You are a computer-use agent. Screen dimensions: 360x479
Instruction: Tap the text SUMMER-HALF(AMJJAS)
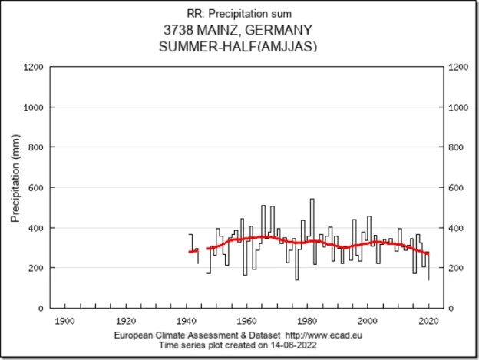click(240, 46)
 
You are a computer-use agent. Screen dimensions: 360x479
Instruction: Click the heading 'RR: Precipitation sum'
click(240, 13)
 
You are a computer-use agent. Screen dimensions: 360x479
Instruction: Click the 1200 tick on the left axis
click(33, 68)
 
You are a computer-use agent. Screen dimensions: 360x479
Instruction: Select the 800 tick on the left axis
click(35, 147)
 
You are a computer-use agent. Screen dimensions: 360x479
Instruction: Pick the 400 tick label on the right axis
click(459, 228)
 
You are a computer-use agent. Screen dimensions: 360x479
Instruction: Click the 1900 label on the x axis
click(64, 320)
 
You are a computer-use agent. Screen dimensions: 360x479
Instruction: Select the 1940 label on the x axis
click(185, 320)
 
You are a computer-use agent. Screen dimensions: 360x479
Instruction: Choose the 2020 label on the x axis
click(428, 320)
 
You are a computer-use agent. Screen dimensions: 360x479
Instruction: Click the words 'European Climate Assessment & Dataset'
click(197, 337)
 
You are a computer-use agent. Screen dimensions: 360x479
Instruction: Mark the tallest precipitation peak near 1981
click(312, 200)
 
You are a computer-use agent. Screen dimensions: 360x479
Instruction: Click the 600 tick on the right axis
click(459, 188)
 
